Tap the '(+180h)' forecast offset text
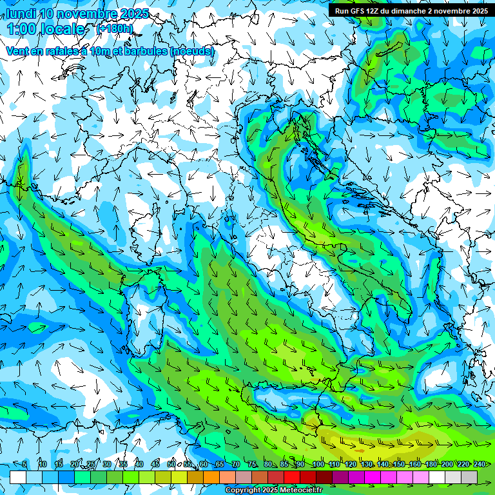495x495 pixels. coord(115,28)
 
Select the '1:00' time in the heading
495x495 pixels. coord(23,29)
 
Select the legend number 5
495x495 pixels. coord(24,464)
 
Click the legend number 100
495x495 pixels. coord(318,464)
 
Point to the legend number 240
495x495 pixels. coord(480,464)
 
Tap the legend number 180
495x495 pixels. coord(431,464)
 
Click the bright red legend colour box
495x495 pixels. coord(292,477)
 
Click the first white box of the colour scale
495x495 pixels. coord(18,477)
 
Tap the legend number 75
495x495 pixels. coord(252,464)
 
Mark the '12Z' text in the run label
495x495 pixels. coord(374,11)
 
